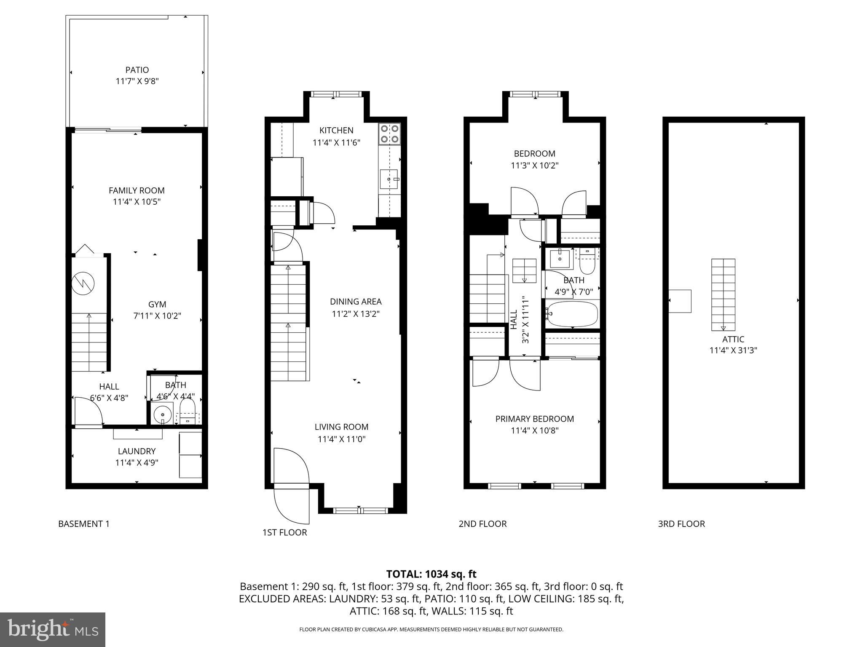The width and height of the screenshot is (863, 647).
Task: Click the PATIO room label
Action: pos(137,70)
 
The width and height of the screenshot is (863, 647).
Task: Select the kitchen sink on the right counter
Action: pos(389,179)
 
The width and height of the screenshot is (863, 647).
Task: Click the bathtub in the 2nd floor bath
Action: pos(572,314)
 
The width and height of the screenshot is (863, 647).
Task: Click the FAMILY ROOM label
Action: pos(137,190)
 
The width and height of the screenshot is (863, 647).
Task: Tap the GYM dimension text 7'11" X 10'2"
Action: pos(157,316)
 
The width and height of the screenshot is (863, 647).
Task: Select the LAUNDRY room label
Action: pos(137,451)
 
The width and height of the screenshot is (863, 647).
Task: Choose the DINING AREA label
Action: pos(356,302)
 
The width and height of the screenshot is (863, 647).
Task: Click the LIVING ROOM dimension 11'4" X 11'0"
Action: pos(341,439)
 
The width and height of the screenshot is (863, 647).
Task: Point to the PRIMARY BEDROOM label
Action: pos(534,419)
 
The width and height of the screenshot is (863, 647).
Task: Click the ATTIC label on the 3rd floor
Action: pos(733,339)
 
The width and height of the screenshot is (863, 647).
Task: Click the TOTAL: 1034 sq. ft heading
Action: pos(431,574)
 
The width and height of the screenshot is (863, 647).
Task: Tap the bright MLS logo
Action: pos(53,629)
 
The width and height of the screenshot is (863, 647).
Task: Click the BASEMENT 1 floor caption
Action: pos(84,524)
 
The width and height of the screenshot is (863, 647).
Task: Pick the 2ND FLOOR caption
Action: pos(482,524)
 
